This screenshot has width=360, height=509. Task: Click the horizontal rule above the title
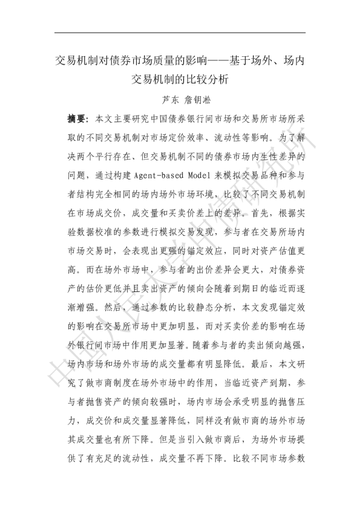tap(180, 33)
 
